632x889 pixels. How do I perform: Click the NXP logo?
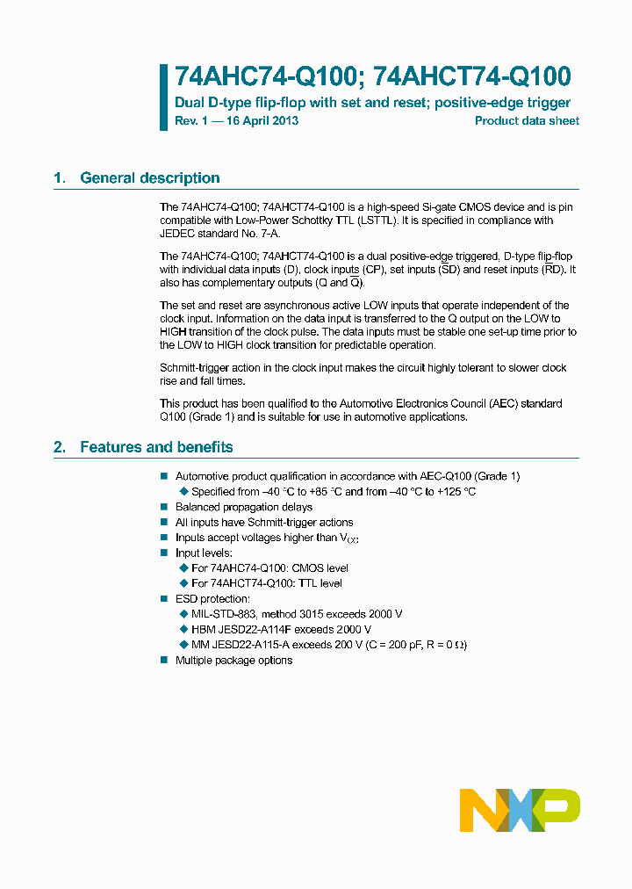(x=521, y=810)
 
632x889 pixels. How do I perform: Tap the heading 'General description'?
(x=149, y=178)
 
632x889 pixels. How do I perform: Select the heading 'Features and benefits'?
(x=156, y=447)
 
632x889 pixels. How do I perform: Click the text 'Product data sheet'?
(x=527, y=121)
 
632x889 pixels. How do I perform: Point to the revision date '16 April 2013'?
(x=262, y=121)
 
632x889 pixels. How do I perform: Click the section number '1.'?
(x=60, y=178)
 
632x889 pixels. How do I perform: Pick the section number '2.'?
(x=60, y=447)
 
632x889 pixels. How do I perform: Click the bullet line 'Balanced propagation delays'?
(x=243, y=507)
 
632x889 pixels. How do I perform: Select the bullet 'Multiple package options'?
(x=233, y=660)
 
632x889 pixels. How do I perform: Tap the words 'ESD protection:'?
(x=212, y=599)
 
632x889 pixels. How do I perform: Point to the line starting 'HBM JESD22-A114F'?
(x=281, y=630)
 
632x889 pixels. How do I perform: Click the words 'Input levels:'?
(x=204, y=553)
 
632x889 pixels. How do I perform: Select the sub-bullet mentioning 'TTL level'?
(x=266, y=583)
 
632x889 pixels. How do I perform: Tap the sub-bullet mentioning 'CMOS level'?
(x=269, y=568)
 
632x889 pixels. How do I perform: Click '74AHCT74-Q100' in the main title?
(x=471, y=76)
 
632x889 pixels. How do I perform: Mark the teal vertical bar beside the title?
(x=163, y=97)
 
